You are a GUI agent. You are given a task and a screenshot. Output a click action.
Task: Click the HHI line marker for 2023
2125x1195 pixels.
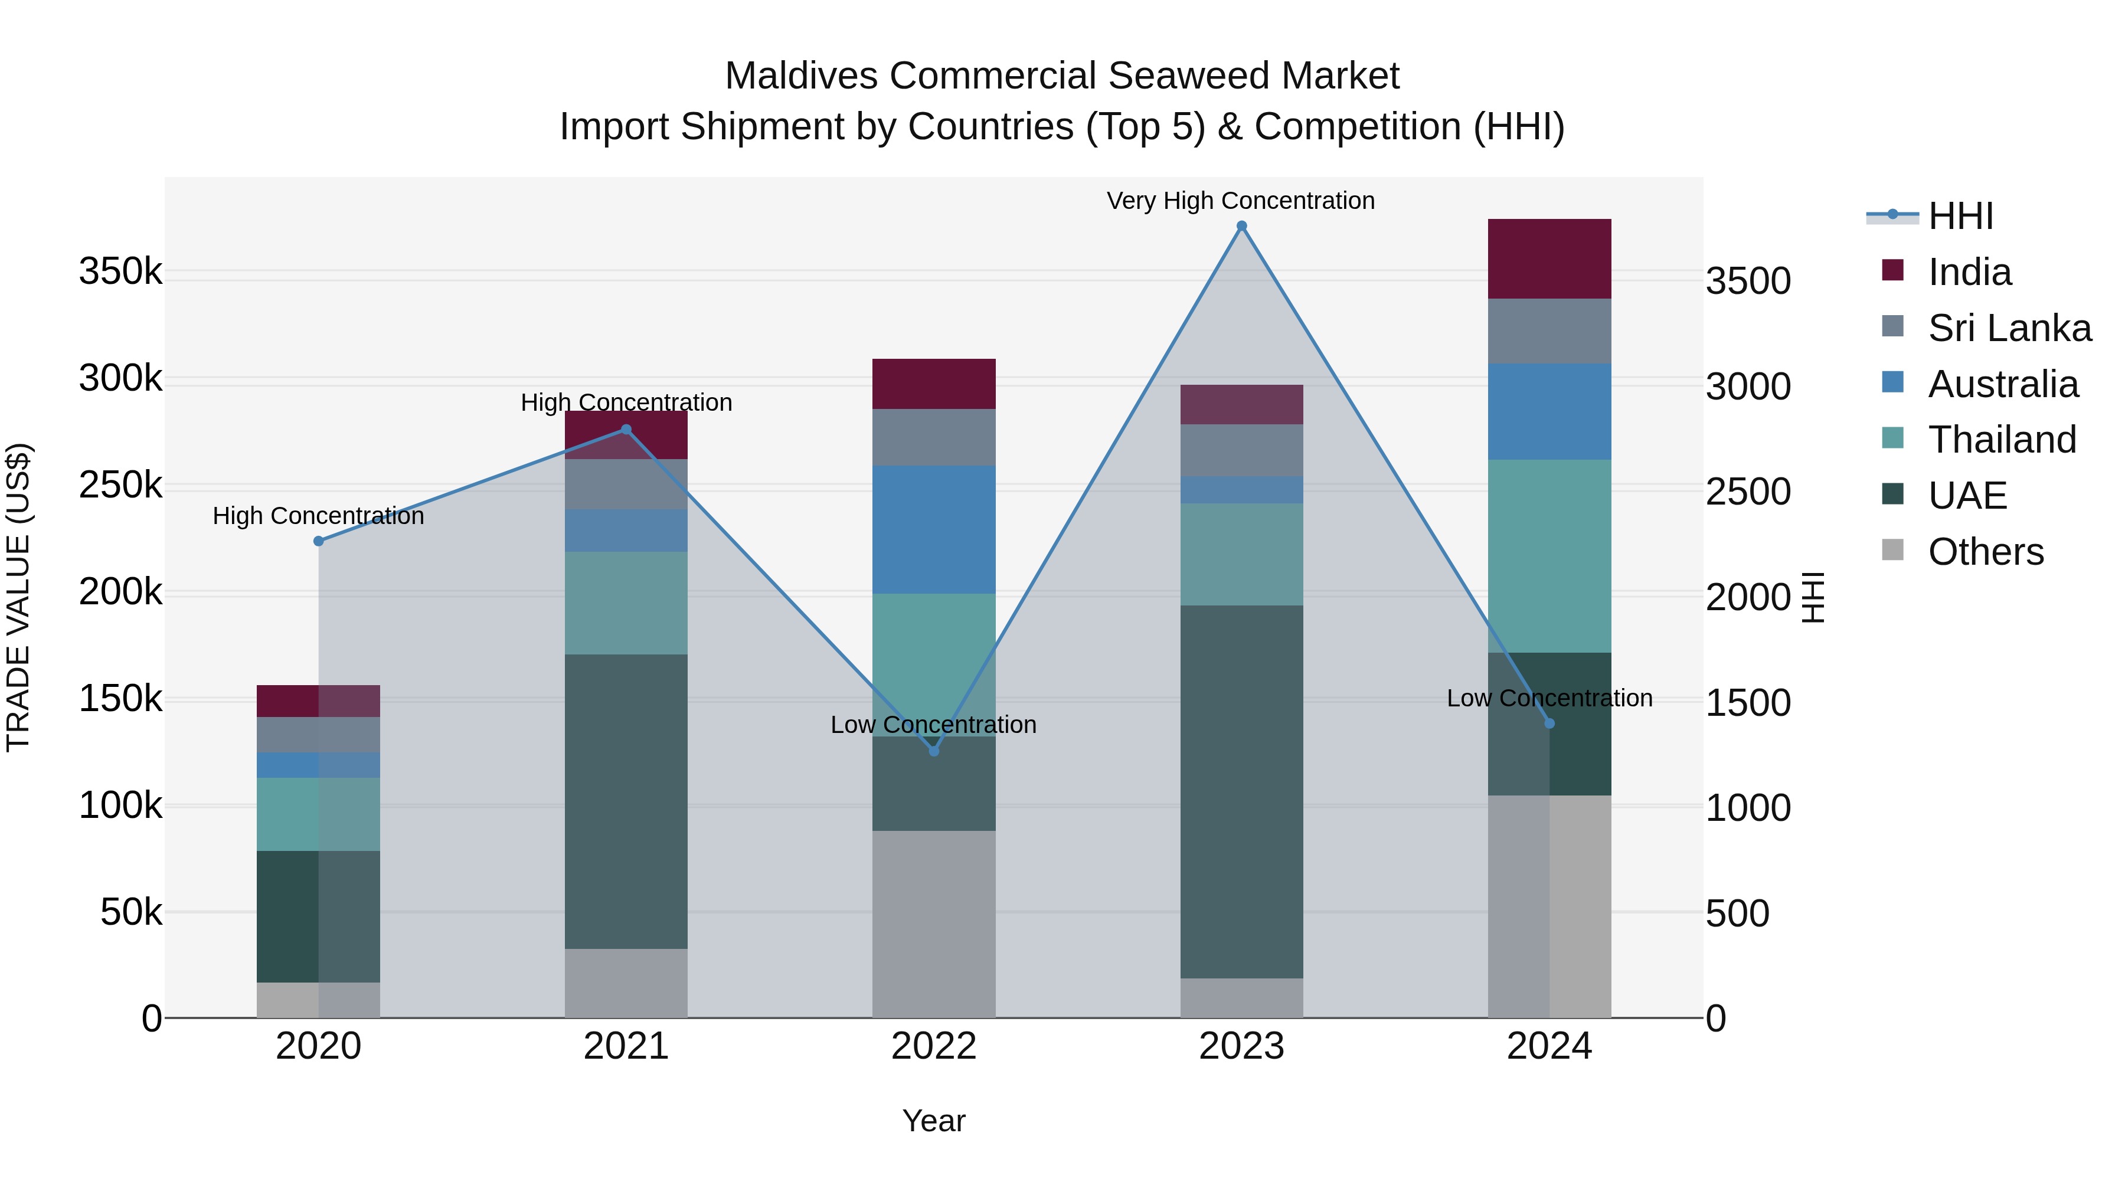click(x=1241, y=226)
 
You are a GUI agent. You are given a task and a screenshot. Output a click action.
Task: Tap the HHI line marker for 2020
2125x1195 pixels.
click(x=318, y=541)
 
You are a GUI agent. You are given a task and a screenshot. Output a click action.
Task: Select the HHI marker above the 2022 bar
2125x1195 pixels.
click(x=934, y=751)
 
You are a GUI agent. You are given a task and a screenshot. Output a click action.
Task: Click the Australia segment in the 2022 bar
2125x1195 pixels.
click(x=934, y=529)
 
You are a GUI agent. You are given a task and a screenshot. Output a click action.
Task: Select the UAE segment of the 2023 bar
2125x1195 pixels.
click(x=1241, y=792)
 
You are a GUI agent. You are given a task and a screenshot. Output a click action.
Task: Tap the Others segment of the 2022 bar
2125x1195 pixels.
click(x=934, y=924)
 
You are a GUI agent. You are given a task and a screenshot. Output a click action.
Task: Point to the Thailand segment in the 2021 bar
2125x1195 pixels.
click(x=626, y=603)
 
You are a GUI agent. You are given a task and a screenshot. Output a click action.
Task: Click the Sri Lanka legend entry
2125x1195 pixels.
click(x=2009, y=328)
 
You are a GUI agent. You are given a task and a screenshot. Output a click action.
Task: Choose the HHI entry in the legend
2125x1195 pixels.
click(x=1960, y=216)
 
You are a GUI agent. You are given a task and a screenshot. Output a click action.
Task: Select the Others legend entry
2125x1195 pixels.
click(x=1985, y=552)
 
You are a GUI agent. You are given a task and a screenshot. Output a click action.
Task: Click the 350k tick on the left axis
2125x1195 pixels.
click(x=120, y=271)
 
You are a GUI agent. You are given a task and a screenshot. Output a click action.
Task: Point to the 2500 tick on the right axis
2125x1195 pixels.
click(x=1747, y=492)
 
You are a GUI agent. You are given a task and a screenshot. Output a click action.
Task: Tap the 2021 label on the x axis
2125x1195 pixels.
click(x=626, y=1046)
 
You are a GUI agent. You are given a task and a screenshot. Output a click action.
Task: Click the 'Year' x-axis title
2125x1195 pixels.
click(x=934, y=1121)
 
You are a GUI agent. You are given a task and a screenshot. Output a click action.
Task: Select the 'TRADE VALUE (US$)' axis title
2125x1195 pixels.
click(x=18, y=597)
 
